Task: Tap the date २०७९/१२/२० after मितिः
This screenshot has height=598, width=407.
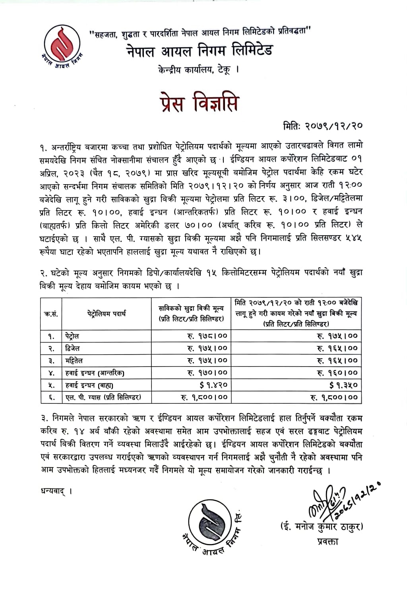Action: click(334, 126)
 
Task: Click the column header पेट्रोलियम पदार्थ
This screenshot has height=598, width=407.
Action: click(107, 313)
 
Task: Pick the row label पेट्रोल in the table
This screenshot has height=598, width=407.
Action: click(73, 336)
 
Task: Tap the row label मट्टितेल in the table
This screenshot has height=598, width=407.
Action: click(74, 361)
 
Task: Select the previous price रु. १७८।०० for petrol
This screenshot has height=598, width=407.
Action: click(207, 336)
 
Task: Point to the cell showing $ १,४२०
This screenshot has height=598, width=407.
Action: click(213, 385)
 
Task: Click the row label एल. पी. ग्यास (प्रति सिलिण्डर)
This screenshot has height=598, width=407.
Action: click(103, 397)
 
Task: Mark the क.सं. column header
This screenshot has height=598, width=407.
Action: click(51, 313)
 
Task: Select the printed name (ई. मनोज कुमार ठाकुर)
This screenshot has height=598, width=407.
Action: click(322, 527)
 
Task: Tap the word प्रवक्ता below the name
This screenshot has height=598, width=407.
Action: click(328, 541)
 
